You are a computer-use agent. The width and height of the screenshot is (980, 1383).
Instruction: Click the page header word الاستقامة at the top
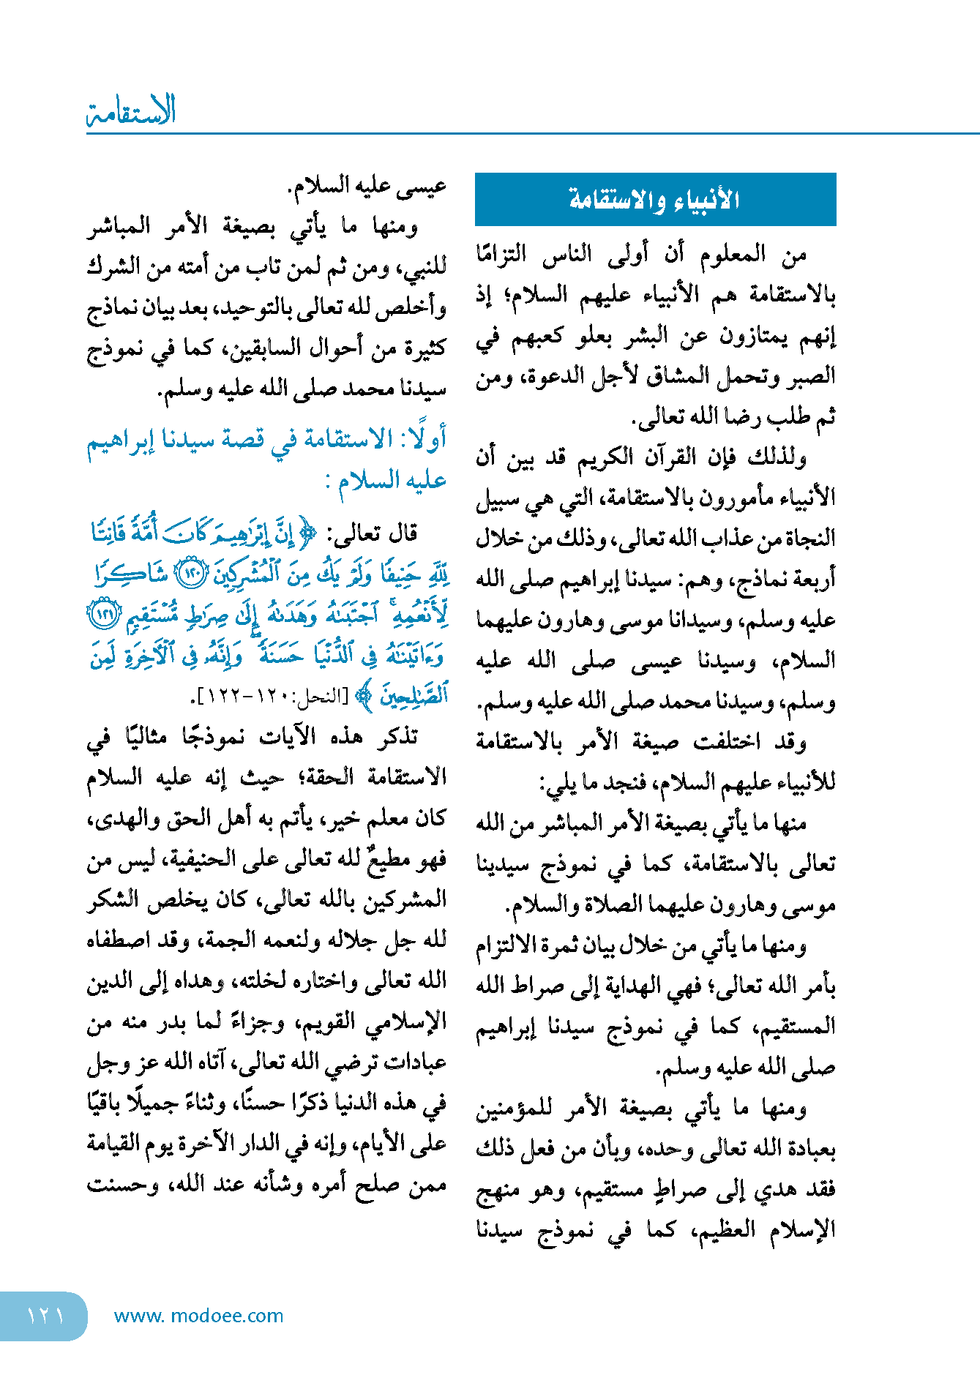point(132,111)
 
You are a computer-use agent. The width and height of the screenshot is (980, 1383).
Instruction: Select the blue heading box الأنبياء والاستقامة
point(655,199)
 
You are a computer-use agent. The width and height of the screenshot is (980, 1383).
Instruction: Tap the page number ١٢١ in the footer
point(45,1316)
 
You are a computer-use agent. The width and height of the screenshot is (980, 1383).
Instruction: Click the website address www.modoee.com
point(198,1316)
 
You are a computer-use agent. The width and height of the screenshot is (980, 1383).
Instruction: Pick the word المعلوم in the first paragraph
point(731,254)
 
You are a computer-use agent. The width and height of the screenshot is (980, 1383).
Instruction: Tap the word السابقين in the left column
point(257,348)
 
